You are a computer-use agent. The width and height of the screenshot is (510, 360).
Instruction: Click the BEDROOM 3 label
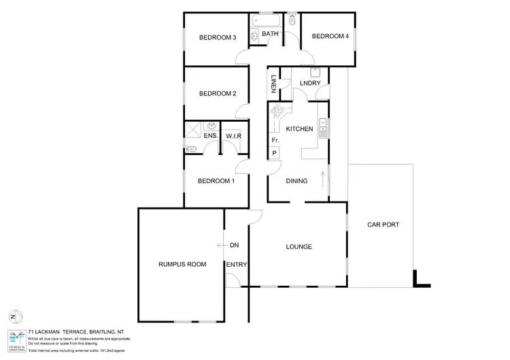217,37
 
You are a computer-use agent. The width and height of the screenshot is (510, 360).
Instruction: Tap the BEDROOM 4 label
330,37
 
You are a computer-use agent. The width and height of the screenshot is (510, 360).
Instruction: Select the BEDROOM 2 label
217,94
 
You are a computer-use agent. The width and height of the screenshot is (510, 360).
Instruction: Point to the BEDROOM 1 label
216,180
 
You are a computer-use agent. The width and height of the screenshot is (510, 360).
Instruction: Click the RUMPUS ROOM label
182,263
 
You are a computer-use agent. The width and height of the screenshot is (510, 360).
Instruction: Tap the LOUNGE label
299,246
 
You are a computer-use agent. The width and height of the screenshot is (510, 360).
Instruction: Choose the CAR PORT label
383,224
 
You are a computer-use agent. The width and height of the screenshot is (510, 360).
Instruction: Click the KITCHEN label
299,129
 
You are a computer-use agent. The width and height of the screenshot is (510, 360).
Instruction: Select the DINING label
296,181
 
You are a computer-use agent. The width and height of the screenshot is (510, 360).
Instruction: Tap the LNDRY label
309,83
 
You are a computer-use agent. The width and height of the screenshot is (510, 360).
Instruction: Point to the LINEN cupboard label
273,86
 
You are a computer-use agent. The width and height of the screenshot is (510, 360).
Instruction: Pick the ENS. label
210,136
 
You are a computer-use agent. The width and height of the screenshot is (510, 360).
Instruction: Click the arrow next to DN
221,245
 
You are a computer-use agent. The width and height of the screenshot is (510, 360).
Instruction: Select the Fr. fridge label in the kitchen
275,140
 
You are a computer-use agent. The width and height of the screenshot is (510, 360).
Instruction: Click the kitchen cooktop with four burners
277,110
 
